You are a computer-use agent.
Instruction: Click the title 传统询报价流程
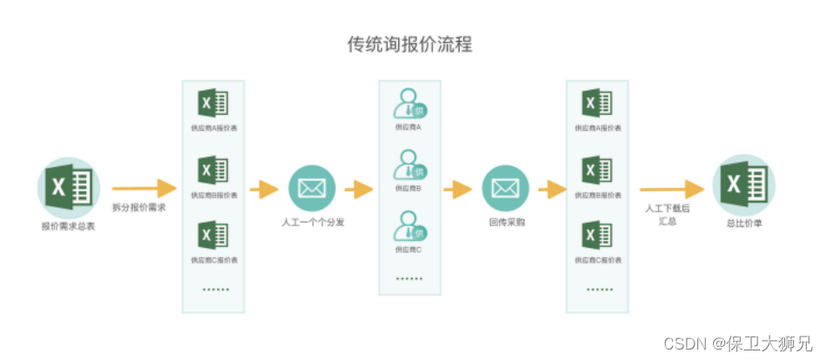click(410, 44)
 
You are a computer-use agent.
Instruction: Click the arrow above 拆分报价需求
click(143, 188)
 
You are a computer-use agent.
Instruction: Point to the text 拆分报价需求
click(139, 209)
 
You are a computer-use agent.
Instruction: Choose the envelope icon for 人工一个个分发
click(312, 188)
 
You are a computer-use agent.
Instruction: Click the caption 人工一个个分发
click(313, 223)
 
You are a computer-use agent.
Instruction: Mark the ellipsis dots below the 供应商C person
click(409, 279)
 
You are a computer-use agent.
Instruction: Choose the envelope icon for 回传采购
click(505, 188)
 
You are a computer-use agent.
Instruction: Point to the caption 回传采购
click(506, 223)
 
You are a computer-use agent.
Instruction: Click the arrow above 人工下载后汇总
click(670, 189)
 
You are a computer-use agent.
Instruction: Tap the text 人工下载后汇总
click(668, 215)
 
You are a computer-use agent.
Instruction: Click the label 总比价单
click(743, 223)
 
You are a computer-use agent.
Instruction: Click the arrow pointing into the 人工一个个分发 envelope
click(264, 189)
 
